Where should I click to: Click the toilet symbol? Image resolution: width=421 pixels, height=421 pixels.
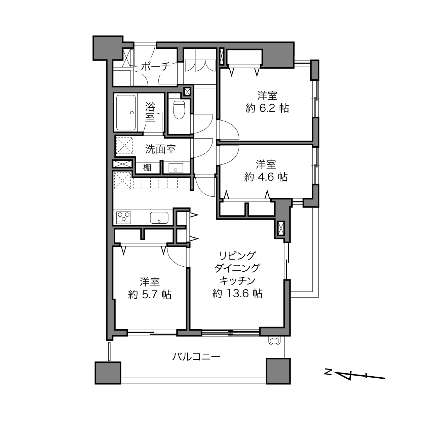click(x=179, y=110)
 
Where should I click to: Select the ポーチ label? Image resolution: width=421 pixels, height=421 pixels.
click(x=156, y=67)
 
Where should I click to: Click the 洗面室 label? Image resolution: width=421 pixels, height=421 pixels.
click(x=161, y=149)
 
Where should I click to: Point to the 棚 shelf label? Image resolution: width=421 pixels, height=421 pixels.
click(x=147, y=168)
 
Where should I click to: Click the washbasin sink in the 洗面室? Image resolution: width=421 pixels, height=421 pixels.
click(x=176, y=168)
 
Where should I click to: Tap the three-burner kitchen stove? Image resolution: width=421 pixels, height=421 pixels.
click(x=124, y=218)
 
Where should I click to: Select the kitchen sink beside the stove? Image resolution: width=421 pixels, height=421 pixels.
click(x=159, y=218)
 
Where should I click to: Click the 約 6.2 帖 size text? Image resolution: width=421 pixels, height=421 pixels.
click(x=267, y=108)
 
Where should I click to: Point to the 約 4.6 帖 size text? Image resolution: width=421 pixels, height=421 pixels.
click(x=266, y=177)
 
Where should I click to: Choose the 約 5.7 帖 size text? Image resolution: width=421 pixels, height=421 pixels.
click(x=150, y=295)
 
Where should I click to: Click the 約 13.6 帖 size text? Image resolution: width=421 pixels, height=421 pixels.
click(x=237, y=294)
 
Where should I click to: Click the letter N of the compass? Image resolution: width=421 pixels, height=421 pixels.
click(x=328, y=371)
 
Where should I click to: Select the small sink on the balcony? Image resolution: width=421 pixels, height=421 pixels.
click(x=274, y=341)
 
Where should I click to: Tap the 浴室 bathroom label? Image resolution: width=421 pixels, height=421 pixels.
click(x=150, y=113)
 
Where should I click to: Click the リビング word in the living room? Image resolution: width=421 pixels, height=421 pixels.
click(x=237, y=256)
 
